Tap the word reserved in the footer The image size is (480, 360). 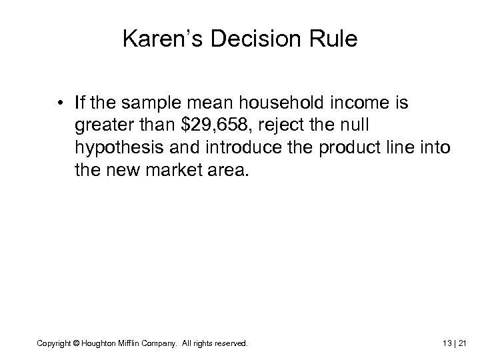pos(231,343)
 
